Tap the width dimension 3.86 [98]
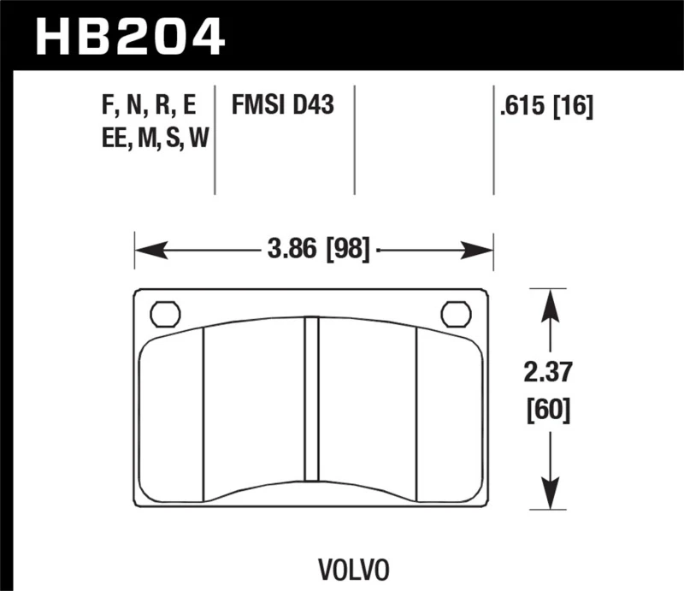[x=317, y=250]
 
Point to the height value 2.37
[x=549, y=373]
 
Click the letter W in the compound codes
[x=198, y=139]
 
